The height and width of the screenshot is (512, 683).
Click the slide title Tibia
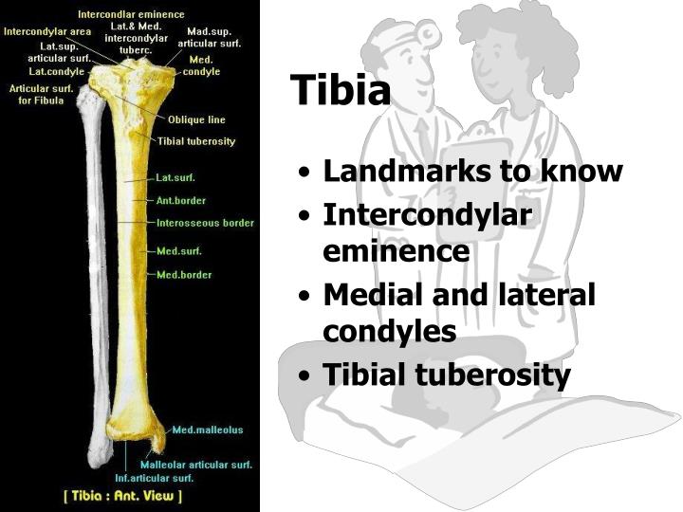(341, 91)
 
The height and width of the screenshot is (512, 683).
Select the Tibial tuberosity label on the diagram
(196, 141)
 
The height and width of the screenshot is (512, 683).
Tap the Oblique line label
(196, 120)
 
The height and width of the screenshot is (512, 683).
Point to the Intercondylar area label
(47, 31)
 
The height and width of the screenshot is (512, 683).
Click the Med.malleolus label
(207, 430)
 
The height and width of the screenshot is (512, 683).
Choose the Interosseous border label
(205, 223)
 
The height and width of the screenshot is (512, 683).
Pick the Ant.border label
(180, 200)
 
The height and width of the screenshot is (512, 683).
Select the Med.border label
(184, 275)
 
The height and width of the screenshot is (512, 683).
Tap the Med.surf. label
(178, 251)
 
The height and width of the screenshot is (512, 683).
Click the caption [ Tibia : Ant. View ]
(122, 495)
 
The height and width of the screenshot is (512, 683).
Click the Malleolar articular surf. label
(196, 465)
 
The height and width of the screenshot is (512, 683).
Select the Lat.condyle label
(57, 71)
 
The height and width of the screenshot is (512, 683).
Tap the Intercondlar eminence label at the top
(131, 15)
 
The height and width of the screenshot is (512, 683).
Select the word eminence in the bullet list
(396, 251)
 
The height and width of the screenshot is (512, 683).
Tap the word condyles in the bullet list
(389, 332)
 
